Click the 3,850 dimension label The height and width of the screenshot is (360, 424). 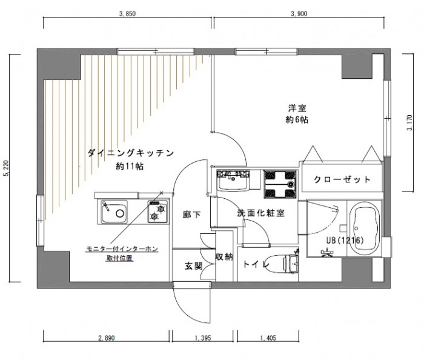click(x=127, y=14)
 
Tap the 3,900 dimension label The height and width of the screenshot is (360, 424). click(x=299, y=14)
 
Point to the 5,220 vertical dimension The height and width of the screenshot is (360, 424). click(x=6, y=168)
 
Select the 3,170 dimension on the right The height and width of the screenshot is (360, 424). click(x=409, y=123)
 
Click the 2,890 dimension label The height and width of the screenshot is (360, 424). click(x=107, y=338)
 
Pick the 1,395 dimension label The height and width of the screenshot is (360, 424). click(x=202, y=338)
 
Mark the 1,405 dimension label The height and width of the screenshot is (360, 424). click(x=268, y=338)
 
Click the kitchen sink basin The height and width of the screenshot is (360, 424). click(x=114, y=212)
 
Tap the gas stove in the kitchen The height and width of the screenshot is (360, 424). click(x=158, y=212)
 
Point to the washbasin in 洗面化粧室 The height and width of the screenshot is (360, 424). click(x=233, y=181)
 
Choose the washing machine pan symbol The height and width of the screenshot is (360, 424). click(x=280, y=184)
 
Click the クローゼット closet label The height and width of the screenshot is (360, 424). click(x=342, y=179)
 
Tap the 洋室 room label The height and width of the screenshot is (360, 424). click(x=297, y=108)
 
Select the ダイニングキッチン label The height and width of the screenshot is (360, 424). click(x=131, y=153)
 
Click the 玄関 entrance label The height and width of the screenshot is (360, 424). click(x=194, y=266)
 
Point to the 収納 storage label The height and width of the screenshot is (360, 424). click(x=224, y=256)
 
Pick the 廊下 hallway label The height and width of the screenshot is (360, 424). click(x=192, y=215)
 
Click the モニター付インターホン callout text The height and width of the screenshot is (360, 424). click(x=122, y=249)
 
